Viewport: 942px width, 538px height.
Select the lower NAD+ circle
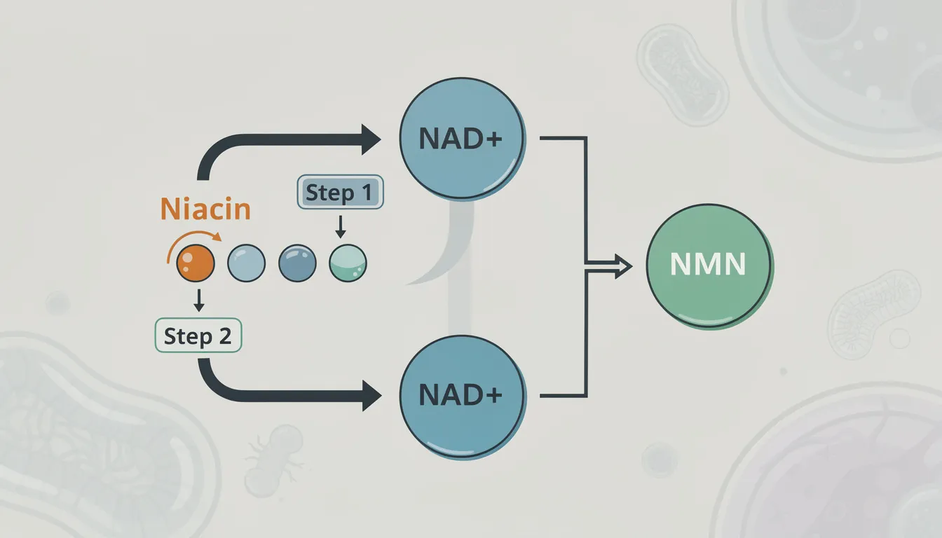(x=461, y=396)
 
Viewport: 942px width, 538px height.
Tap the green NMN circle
(x=708, y=267)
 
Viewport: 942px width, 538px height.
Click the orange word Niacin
(x=205, y=209)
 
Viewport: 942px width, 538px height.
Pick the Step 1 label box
(x=341, y=192)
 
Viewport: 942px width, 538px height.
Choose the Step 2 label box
(x=198, y=336)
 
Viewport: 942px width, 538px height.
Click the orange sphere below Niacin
(x=195, y=263)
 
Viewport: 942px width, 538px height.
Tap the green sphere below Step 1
(x=348, y=263)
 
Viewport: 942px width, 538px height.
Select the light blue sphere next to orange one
(x=247, y=263)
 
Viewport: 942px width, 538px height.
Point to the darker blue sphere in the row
(x=297, y=263)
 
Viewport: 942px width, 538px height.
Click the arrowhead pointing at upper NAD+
(x=370, y=139)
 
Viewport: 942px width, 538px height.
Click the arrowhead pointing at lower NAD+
(x=370, y=396)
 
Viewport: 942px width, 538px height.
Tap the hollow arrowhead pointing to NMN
(x=622, y=266)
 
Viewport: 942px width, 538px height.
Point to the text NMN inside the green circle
(x=708, y=266)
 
